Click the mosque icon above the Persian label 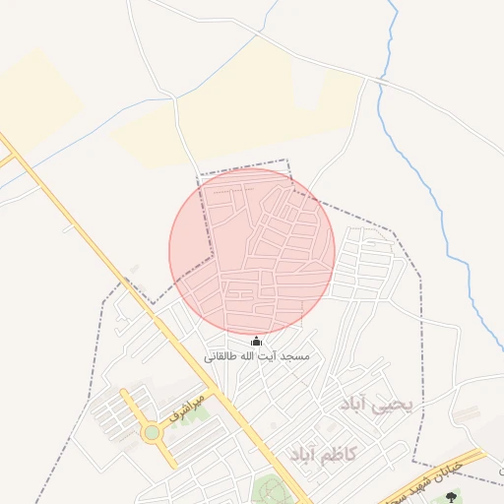[x=257, y=342]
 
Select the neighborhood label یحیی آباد [x=379, y=405]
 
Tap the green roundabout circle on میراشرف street [x=152, y=432]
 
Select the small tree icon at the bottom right [x=452, y=497]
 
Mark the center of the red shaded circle [x=252, y=251]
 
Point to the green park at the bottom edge [x=269, y=490]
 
